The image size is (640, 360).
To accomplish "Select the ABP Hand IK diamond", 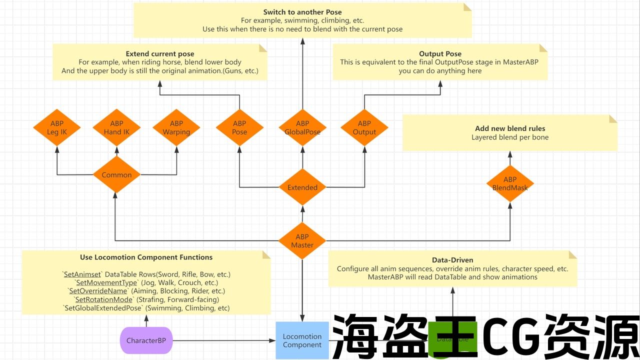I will tap(116, 127).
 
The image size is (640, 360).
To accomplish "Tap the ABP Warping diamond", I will tap(176, 127).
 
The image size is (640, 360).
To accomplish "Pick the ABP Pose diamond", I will tap(239, 127).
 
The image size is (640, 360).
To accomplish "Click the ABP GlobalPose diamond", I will tap(302, 127).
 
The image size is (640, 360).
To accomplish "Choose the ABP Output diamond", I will tap(364, 127).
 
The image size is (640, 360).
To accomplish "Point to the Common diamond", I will tap(116, 175).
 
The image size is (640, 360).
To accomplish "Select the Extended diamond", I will tap(302, 187).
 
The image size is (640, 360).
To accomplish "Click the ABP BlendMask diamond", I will tap(510, 183).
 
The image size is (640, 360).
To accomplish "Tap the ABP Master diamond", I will tap(302, 241).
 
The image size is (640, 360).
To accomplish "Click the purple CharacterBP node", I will tap(146, 341).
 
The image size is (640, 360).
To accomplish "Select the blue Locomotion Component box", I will tap(302, 340).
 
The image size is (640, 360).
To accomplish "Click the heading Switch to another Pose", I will tap(302, 12).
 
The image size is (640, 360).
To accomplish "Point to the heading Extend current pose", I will tap(160, 54).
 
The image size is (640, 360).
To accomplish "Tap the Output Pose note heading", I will tap(440, 54).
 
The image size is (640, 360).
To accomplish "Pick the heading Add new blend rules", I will tap(510, 128).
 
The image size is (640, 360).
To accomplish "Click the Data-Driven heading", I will tap(452, 260).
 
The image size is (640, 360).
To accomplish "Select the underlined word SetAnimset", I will tap(82, 274).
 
